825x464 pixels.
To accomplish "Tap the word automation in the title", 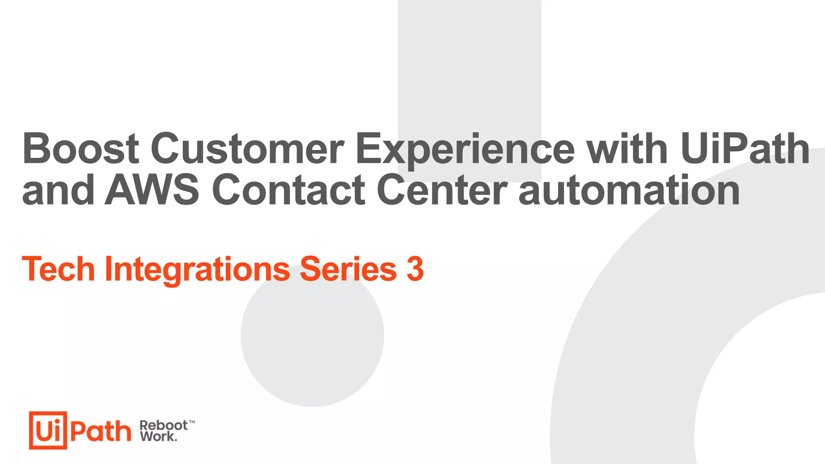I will tap(629, 190).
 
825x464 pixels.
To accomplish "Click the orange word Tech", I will tap(58, 269).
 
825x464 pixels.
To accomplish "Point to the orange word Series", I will tap(348, 269).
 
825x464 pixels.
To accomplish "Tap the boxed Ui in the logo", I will tap(48, 430).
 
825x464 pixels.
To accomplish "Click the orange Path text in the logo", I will tap(101, 431).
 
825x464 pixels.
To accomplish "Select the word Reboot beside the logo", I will tap(163, 425).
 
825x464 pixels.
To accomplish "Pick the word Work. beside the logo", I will tap(158, 436).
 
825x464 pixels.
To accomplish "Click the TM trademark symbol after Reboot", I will tap(192, 422).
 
